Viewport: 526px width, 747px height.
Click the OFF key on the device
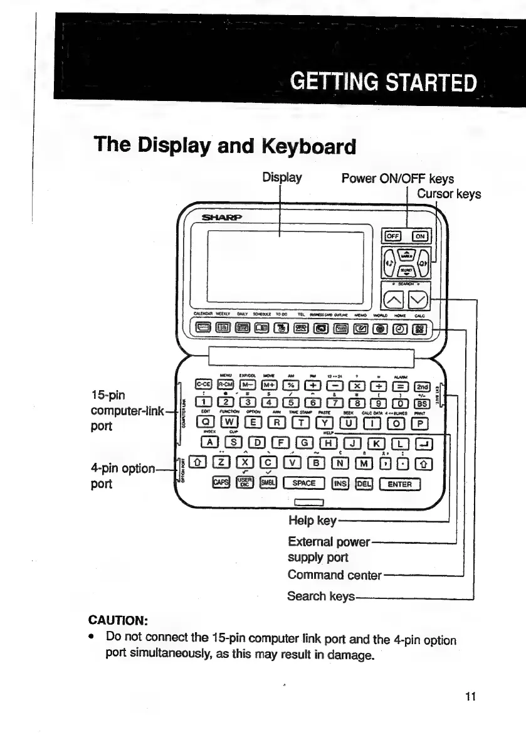point(392,236)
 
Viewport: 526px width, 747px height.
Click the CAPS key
point(221,484)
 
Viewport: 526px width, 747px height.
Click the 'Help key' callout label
point(312,521)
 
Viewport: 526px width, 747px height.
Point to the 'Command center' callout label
point(334,575)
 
